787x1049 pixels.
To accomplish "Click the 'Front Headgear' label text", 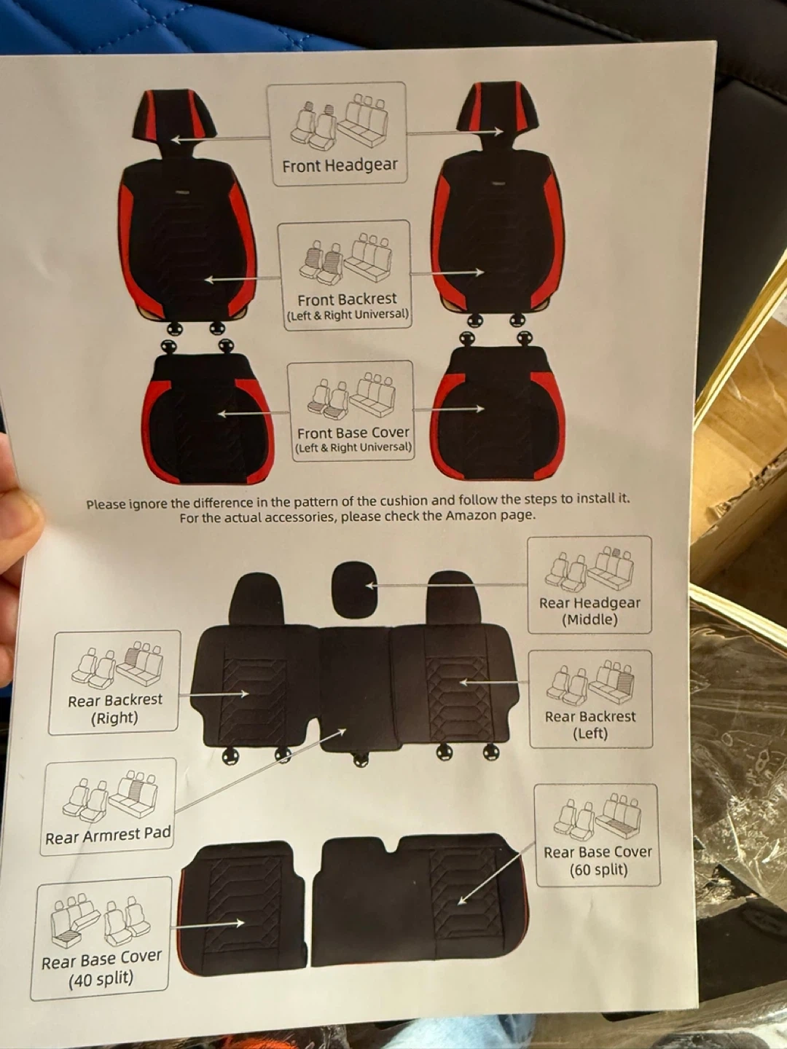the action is (x=340, y=165).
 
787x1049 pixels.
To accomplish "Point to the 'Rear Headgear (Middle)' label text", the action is (x=590, y=611).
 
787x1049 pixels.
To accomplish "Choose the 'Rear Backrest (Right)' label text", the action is (x=115, y=710).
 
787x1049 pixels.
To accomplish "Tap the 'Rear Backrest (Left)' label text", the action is (x=590, y=725).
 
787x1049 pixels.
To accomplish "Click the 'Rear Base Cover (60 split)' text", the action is (x=598, y=861).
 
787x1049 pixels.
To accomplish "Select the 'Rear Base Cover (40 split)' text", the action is (x=101, y=968).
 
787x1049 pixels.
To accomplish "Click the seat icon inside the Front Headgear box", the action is (x=340, y=122).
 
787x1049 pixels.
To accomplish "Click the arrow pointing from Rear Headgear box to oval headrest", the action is (x=447, y=584).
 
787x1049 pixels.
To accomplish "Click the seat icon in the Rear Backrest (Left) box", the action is (x=591, y=682).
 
